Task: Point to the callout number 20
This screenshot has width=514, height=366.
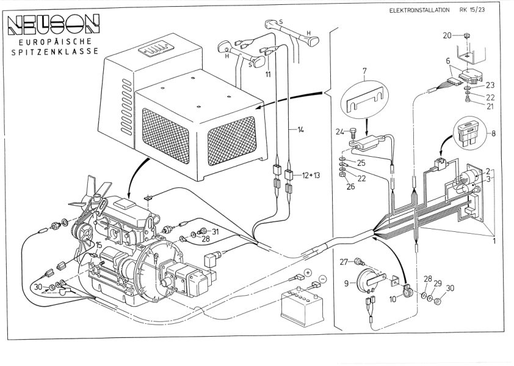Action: (447, 35)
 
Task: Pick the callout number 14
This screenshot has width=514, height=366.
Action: (300, 130)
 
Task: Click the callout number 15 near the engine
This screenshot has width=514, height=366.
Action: (97, 245)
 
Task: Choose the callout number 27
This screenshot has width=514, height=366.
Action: (342, 262)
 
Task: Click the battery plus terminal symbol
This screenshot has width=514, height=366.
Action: (308, 273)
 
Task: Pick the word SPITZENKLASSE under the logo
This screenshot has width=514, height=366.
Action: (51, 53)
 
